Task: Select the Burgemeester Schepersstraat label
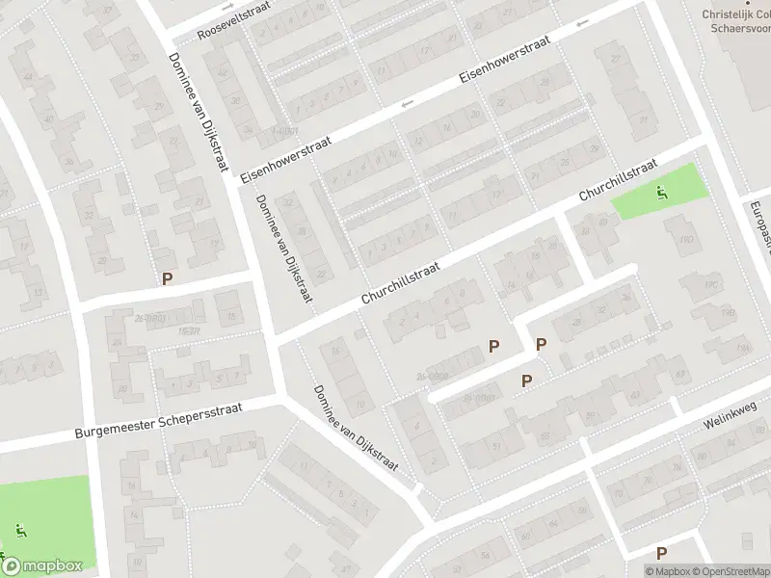[x=159, y=420]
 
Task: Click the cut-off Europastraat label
[x=758, y=224]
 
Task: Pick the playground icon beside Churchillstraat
[x=660, y=192]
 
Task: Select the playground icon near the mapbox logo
[x=21, y=529]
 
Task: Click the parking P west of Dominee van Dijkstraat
[x=167, y=279]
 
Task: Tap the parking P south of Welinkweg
[x=660, y=553]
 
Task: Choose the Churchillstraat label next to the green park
[x=617, y=180]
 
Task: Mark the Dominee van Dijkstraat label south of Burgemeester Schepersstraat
[x=355, y=429]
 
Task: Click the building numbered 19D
[x=686, y=240]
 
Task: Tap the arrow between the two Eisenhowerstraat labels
[x=407, y=103]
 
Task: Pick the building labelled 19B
[x=728, y=313]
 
